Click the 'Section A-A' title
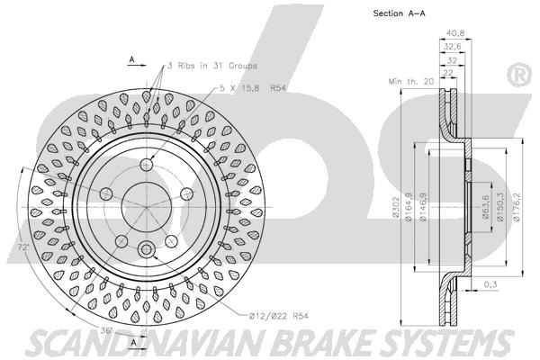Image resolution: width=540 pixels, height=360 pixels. [399, 13]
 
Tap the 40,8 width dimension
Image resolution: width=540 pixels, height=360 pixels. [455, 33]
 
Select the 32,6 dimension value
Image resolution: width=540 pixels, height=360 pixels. [452, 47]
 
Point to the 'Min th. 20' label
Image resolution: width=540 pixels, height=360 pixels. [411, 81]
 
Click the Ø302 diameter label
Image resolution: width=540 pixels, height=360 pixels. [395, 207]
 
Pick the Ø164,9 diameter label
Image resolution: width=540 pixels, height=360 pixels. [409, 207]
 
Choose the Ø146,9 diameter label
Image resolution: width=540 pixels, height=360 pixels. [423, 207]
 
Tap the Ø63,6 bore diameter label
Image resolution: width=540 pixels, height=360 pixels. [486, 207]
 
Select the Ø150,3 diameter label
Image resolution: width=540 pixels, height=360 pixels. [500, 207]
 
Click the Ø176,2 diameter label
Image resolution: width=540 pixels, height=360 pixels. [516, 207]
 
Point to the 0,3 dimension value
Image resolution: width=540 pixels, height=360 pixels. [490, 284]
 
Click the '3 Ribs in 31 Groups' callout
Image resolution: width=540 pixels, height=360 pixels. [211, 66]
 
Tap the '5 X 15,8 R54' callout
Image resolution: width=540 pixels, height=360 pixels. [253, 88]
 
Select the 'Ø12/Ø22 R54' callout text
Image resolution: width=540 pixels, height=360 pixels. [278, 316]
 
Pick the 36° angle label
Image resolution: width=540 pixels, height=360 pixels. [107, 330]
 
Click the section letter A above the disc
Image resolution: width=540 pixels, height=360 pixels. [131, 59]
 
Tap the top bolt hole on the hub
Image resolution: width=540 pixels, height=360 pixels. [147, 165]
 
